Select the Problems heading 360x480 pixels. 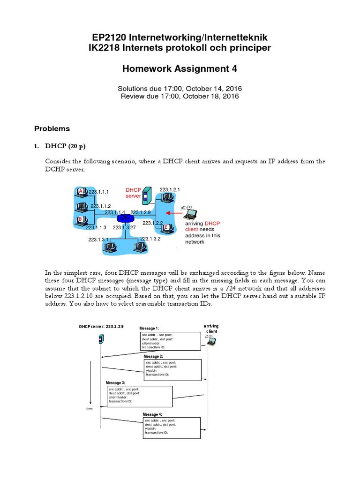coord(52,128)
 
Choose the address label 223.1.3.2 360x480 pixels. coord(150,239)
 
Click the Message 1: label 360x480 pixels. coord(150,329)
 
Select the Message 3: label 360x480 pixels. coord(116,382)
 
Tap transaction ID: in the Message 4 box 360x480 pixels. coord(157,432)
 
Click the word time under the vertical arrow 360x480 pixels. coord(90,408)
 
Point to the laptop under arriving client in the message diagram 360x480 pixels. coord(210,340)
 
